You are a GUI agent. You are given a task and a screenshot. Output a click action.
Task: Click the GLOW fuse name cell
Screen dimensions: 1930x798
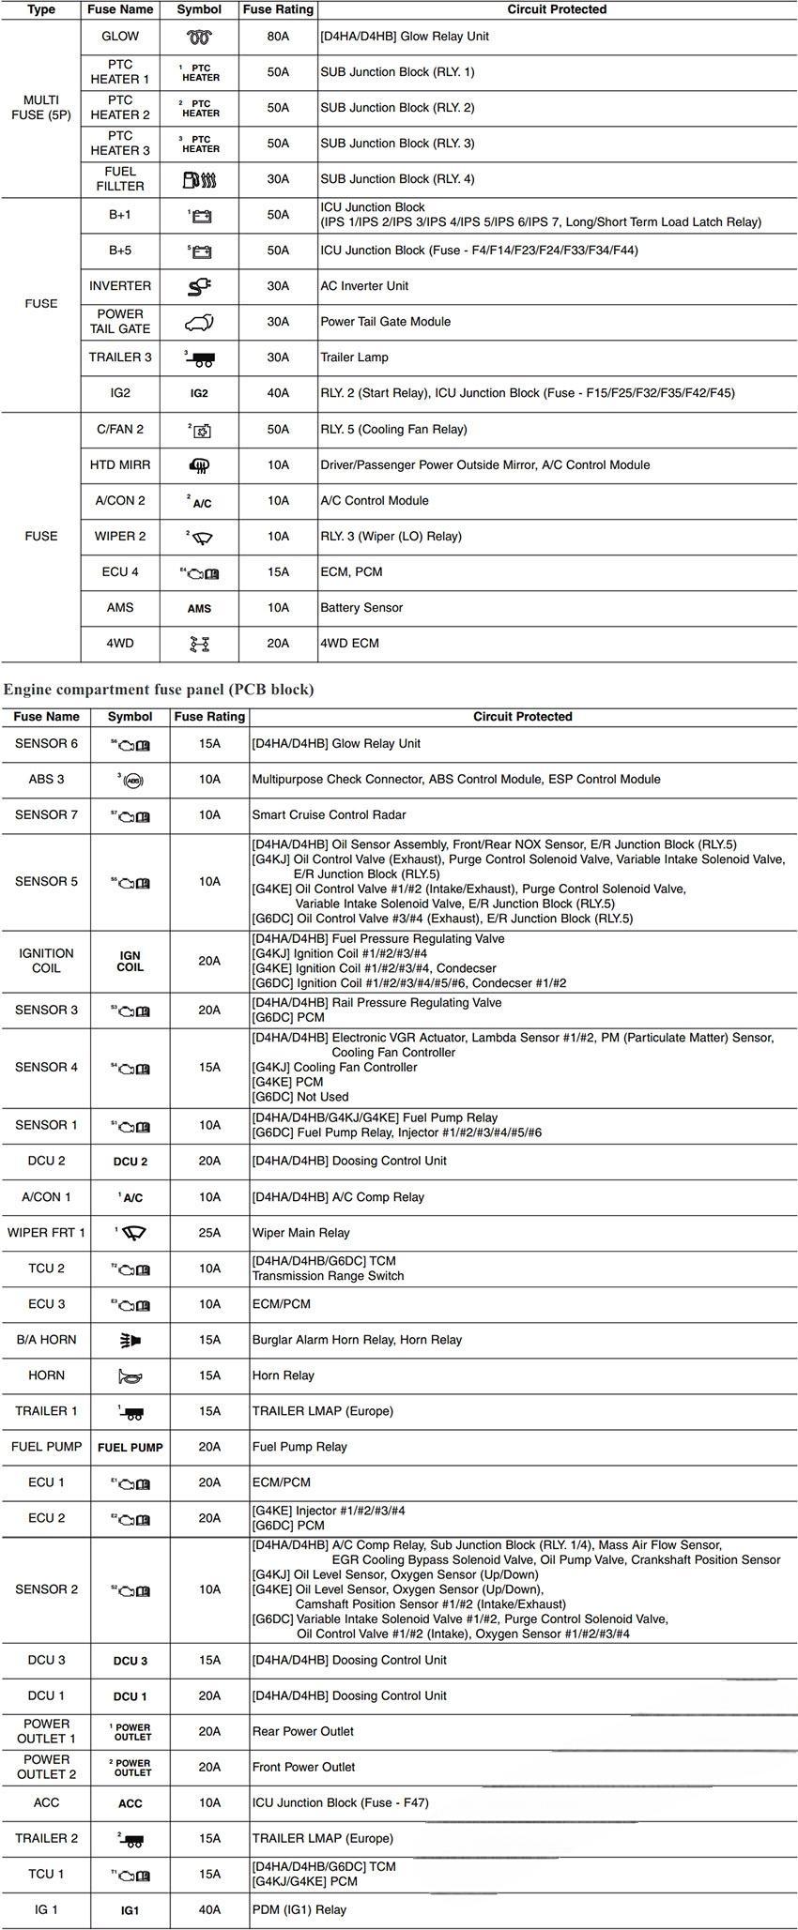pyautogui.click(x=120, y=37)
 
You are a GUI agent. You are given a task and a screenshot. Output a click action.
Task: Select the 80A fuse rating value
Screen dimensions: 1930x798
pyautogui.click(x=278, y=37)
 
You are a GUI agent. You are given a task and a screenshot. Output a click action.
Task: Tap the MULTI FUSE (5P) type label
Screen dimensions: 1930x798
pyautogui.click(x=41, y=108)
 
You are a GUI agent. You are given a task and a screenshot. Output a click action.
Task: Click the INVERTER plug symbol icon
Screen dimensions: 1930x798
pyautogui.click(x=199, y=286)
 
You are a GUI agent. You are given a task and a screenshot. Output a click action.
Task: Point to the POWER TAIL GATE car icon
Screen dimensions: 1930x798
pyautogui.click(x=199, y=323)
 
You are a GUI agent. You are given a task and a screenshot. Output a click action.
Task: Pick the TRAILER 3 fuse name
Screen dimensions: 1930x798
pyautogui.click(x=120, y=357)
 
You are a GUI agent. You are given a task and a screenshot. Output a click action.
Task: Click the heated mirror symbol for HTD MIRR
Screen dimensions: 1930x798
pyautogui.click(x=199, y=465)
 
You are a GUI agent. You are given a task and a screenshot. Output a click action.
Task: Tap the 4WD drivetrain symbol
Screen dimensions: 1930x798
pyautogui.click(x=199, y=644)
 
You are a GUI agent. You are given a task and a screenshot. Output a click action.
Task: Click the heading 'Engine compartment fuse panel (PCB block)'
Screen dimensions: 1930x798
pyautogui.click(x=159, y=690)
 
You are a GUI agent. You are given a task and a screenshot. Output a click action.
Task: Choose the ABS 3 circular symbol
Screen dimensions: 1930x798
pyautogui.click(x=131, y=780)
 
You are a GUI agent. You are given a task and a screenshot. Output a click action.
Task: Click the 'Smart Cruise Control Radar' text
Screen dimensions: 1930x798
pyautogui.click(x=329, y=815)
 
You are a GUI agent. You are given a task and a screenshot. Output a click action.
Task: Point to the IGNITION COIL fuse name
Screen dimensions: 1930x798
pyautogui.click(x=46, y=961)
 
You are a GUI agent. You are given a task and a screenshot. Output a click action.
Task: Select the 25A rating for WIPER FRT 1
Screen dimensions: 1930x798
pyautogui.click(x=209, y=1233)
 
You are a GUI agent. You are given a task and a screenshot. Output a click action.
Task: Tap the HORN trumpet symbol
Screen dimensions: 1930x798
pyautogui.click(x=130, y=1376)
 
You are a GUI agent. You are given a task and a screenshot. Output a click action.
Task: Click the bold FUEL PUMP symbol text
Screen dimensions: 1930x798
pyautogui.click(x=130, y=1448)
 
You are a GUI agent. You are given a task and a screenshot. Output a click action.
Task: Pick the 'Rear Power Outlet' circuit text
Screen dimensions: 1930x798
pyautogui.click(x=302, y=1731)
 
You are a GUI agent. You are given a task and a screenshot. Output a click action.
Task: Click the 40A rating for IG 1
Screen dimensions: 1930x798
pyautogui.click(x=209, y=1909)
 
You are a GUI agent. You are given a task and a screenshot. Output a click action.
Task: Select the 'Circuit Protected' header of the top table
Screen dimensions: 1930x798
pyautogui.click(x=557, y=9)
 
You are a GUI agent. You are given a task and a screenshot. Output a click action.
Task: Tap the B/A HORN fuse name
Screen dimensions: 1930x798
pyautogui.click(x=46, y=1340)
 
